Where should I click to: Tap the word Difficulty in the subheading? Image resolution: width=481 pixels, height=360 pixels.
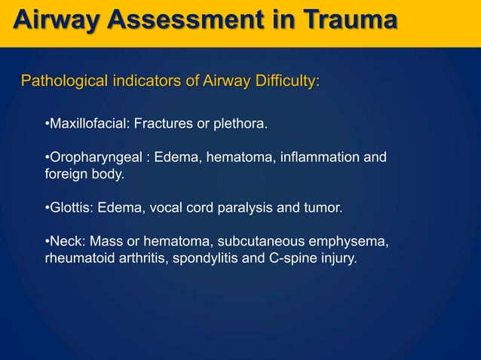point(285,81)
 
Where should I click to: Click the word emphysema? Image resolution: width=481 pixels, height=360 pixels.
point(351,242)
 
